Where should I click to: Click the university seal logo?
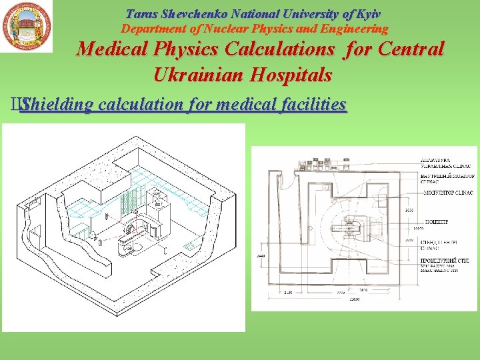point(26,26)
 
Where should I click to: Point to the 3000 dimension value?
point(409,211)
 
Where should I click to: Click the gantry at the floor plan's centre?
point(349,229)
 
